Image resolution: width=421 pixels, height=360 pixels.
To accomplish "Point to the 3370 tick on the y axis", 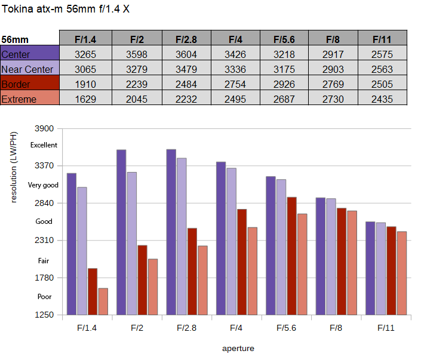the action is pos(44,165).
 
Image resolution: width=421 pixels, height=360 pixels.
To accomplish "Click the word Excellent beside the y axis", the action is pos(44,145).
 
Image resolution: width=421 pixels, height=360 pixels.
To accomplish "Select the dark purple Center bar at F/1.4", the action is pos(72,244).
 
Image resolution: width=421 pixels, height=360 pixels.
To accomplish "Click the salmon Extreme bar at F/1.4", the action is pos(103,301).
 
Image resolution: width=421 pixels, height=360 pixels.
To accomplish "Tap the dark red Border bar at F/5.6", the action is pos(291,256).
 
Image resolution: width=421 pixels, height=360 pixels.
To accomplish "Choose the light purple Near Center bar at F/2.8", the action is pos(182,236).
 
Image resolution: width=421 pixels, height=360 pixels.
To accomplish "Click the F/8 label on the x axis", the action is pos(336,328).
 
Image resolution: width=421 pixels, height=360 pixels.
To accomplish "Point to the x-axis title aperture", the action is pos(238,349).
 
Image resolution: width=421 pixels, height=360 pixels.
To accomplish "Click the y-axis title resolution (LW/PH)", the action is pos(14,167).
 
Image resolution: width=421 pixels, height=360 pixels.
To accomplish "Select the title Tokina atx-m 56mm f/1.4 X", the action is pos(66,9).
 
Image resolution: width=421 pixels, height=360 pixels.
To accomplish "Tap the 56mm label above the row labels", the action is pos(15,40).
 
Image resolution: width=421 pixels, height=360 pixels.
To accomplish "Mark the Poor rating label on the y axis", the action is pos(44,297).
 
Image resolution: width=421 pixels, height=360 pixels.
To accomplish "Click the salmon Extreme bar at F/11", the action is pos(402,273).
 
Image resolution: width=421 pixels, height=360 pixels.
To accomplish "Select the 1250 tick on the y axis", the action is pos(44,315).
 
